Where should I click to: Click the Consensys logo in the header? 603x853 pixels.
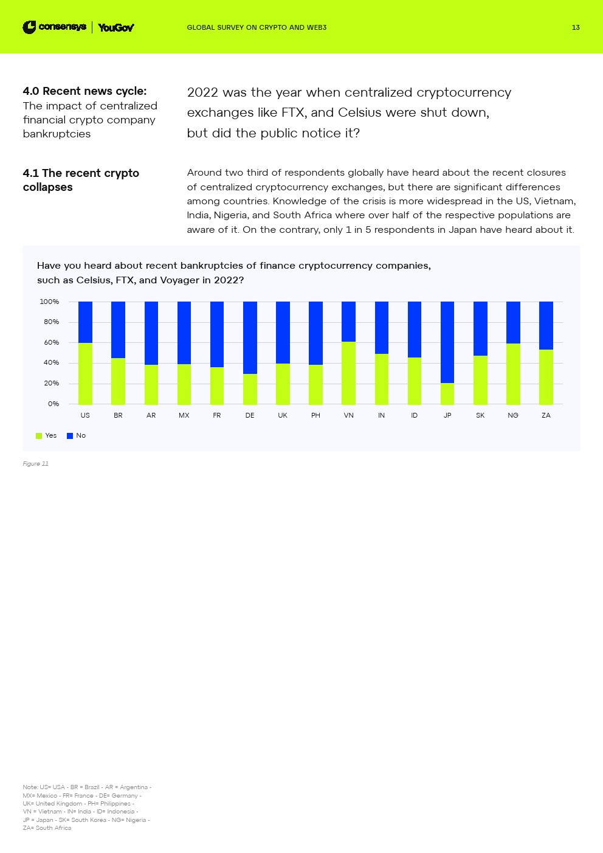pyautogui.click(x=54, y=27)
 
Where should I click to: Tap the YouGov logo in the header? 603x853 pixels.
pyautogui.click(x=116, y=27)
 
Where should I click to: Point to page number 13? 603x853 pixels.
pyautogui.click(x=576, y=27)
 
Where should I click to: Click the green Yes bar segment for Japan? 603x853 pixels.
pyautogui.click(x=447, y=393)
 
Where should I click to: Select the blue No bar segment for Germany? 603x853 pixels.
pyautogui.click(x=250, y=337)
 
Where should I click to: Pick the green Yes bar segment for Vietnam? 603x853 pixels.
pyautogui.click(x=348, y=373)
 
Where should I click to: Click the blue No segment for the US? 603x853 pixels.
pyautogui.click(x=85, y=322)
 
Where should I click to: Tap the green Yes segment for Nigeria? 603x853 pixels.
pyautogui.click(x=513, y=374)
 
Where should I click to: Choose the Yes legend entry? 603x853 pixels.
pyautogui.click(x=47, y=435)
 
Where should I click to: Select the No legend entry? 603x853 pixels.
pyautogui.click(x=77, y=435)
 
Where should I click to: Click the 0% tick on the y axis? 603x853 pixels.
pyautogui.click(x=53, y=404)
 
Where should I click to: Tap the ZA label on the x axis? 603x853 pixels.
pyautogui.click(x=546, y=415)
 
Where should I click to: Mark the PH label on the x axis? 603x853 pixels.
pyautogui.click(x=315, y=415)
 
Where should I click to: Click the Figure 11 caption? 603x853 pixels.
pyautogui.click(x=35, y=464)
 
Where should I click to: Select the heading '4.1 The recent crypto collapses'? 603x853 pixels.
pyautogui.click(x=81, y=180)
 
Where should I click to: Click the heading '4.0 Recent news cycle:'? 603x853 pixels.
pyautogui.click(x=84, y=91)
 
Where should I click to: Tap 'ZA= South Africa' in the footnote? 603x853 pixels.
pyautogui.click(x=47, y=828)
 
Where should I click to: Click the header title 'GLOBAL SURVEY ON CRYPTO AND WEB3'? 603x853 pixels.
pyautogui.click(x=257, y=27)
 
